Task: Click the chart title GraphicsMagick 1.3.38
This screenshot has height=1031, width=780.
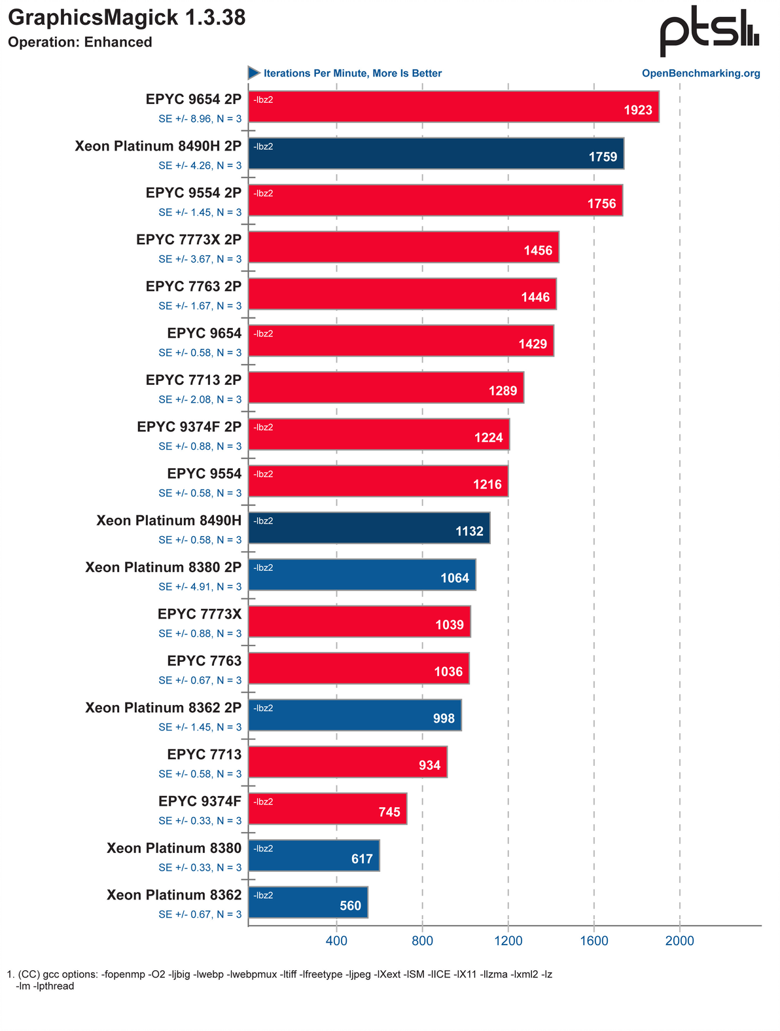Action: [x=127, y=18]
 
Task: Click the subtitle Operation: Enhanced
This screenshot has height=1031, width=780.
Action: [x=80, y=43]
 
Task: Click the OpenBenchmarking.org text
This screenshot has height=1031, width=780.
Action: [x=701, y=73]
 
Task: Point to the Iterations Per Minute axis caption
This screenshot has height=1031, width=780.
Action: [x=352, y=73]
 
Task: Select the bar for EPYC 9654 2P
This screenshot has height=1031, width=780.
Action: [x=453, y=107]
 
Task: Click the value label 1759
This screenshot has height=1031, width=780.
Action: [x=603, y=157]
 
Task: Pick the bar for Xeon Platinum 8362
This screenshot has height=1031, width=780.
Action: [x=308, y=903]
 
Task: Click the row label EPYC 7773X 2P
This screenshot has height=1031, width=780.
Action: [x=189, y=240]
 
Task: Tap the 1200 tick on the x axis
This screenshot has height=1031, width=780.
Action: [x=508, y=941]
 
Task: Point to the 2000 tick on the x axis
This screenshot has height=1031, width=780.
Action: [x=680, y=941]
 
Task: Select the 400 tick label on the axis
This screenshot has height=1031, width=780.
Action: [x=336, y=941]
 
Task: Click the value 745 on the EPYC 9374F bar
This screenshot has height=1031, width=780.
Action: [x=389, y=812]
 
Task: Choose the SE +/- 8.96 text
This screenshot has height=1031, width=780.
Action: [x=200, y=118]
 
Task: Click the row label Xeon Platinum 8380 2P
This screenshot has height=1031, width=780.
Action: [x=164, y=567]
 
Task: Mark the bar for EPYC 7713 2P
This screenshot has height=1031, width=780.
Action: [x=386, y=388]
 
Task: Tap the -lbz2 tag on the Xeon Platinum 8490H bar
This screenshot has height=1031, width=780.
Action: [x=263, y=521]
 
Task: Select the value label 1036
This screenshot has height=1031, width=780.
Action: [x=448, y=672]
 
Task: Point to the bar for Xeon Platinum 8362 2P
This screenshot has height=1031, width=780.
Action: [x=355, y=715]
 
